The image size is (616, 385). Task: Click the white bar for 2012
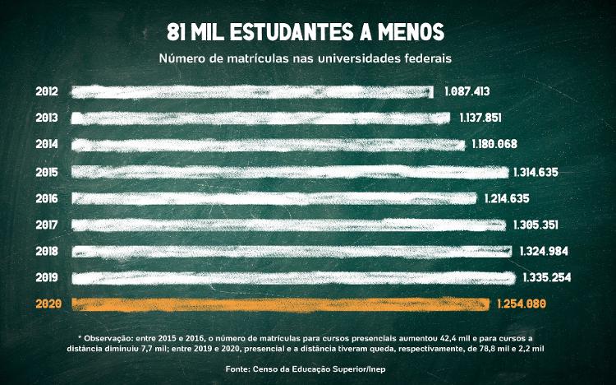[x=253, y=91]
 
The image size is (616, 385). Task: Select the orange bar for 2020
[x=281, y=304]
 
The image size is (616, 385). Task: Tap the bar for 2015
[x=290, y=172]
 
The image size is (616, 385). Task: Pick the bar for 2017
[x=289, y=225]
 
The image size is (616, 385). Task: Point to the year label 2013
[x=47, y=118]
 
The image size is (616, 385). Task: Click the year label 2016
[x=47, y=198]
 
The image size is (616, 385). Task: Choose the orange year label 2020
[x=47, y=304]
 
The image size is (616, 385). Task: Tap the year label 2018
[x=47, y=252]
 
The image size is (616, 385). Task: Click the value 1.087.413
[x=472, y=91]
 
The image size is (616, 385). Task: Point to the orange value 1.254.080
[x=522, y=304]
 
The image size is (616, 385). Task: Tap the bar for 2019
[x=293, y=278]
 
